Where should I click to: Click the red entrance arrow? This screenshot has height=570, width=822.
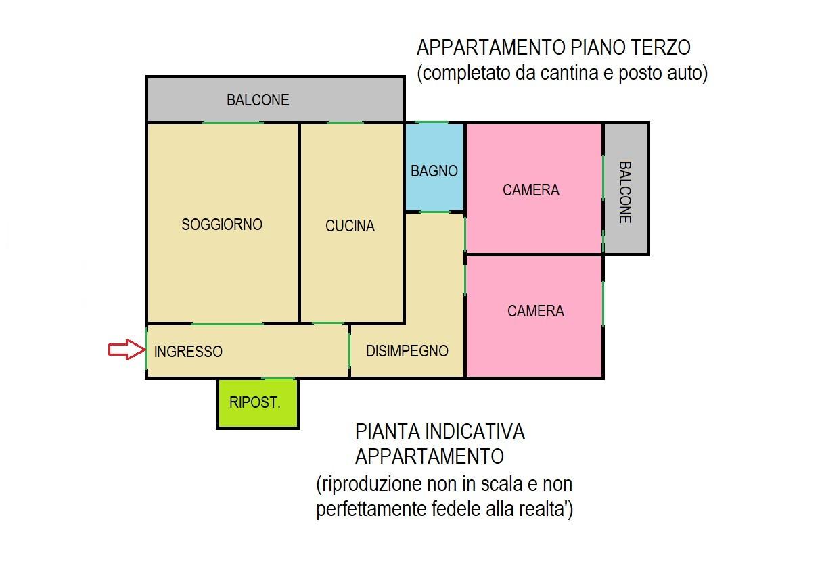pos(127,349)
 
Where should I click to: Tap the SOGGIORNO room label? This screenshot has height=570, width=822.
pos(222,224)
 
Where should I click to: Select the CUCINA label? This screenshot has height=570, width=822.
pos(350,226)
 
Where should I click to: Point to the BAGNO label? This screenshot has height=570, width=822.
pos(434,171)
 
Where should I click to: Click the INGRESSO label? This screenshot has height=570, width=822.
pos(188,352)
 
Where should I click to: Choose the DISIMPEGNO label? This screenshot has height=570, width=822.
pos(407,351)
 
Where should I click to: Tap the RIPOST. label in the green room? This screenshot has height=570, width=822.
pos(254,402)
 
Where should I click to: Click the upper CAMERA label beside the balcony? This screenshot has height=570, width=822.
pos(531,190)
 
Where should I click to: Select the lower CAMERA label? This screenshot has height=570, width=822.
pos(536,311)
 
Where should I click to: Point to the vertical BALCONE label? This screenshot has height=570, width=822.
pos(625,193)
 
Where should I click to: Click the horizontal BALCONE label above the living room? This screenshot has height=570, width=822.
pos(258,100)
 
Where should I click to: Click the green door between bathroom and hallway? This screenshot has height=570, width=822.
pos(434,212)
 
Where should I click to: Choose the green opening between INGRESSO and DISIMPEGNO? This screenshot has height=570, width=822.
pos(349,350)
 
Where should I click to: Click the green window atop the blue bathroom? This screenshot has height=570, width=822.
pos(432,122)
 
